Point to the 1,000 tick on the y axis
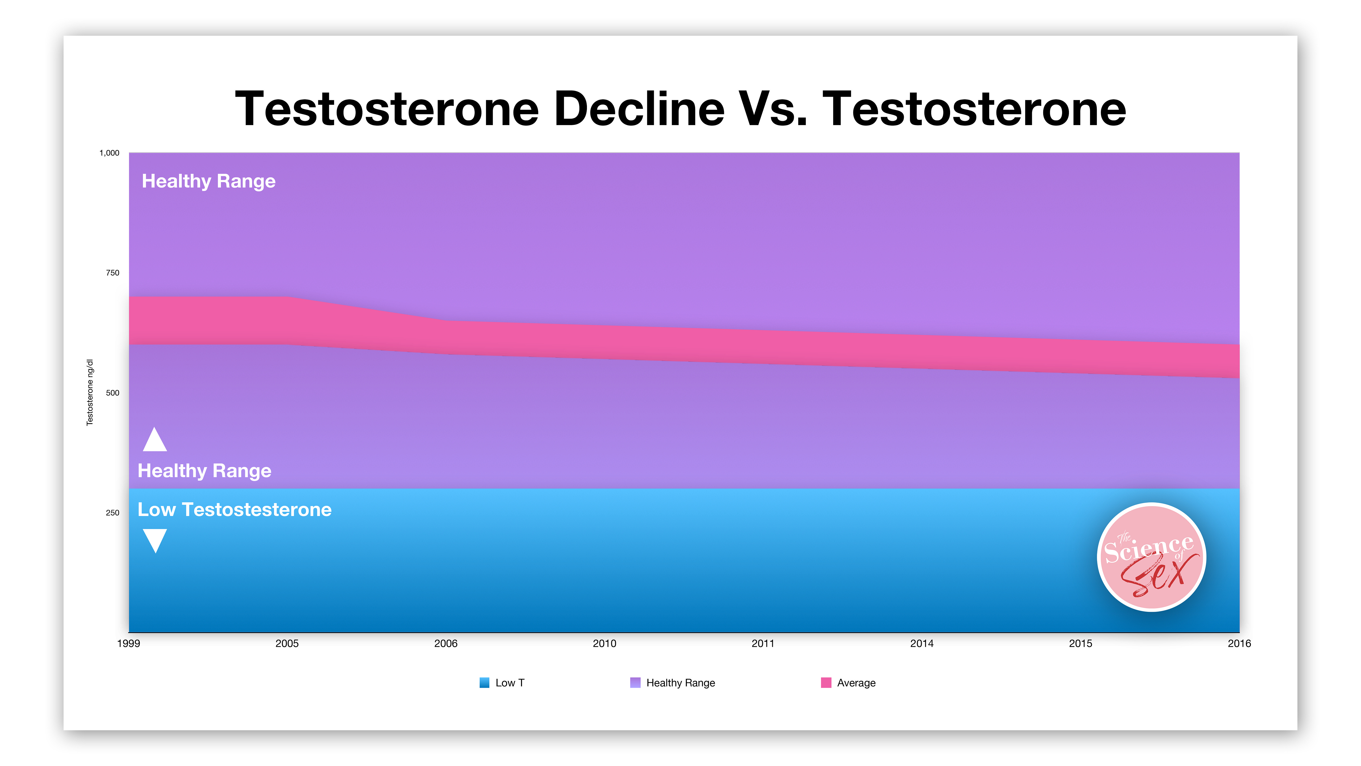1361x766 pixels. coord(109,153)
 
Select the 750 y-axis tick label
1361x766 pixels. coord(112,273)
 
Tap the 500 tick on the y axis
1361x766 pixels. coord(112,393)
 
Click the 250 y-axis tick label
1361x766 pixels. coord(112,513)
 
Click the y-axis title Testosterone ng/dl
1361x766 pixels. coord(90,392)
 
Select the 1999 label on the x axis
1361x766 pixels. coord(128,643)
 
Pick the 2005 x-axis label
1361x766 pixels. coord(287,643)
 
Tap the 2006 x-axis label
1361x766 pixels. coord(446,643)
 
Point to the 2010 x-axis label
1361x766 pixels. coord(604,643)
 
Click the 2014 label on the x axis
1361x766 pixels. coord(922,643)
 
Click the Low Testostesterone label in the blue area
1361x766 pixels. coord(235,510)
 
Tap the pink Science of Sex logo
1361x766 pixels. coord(1152,557)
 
